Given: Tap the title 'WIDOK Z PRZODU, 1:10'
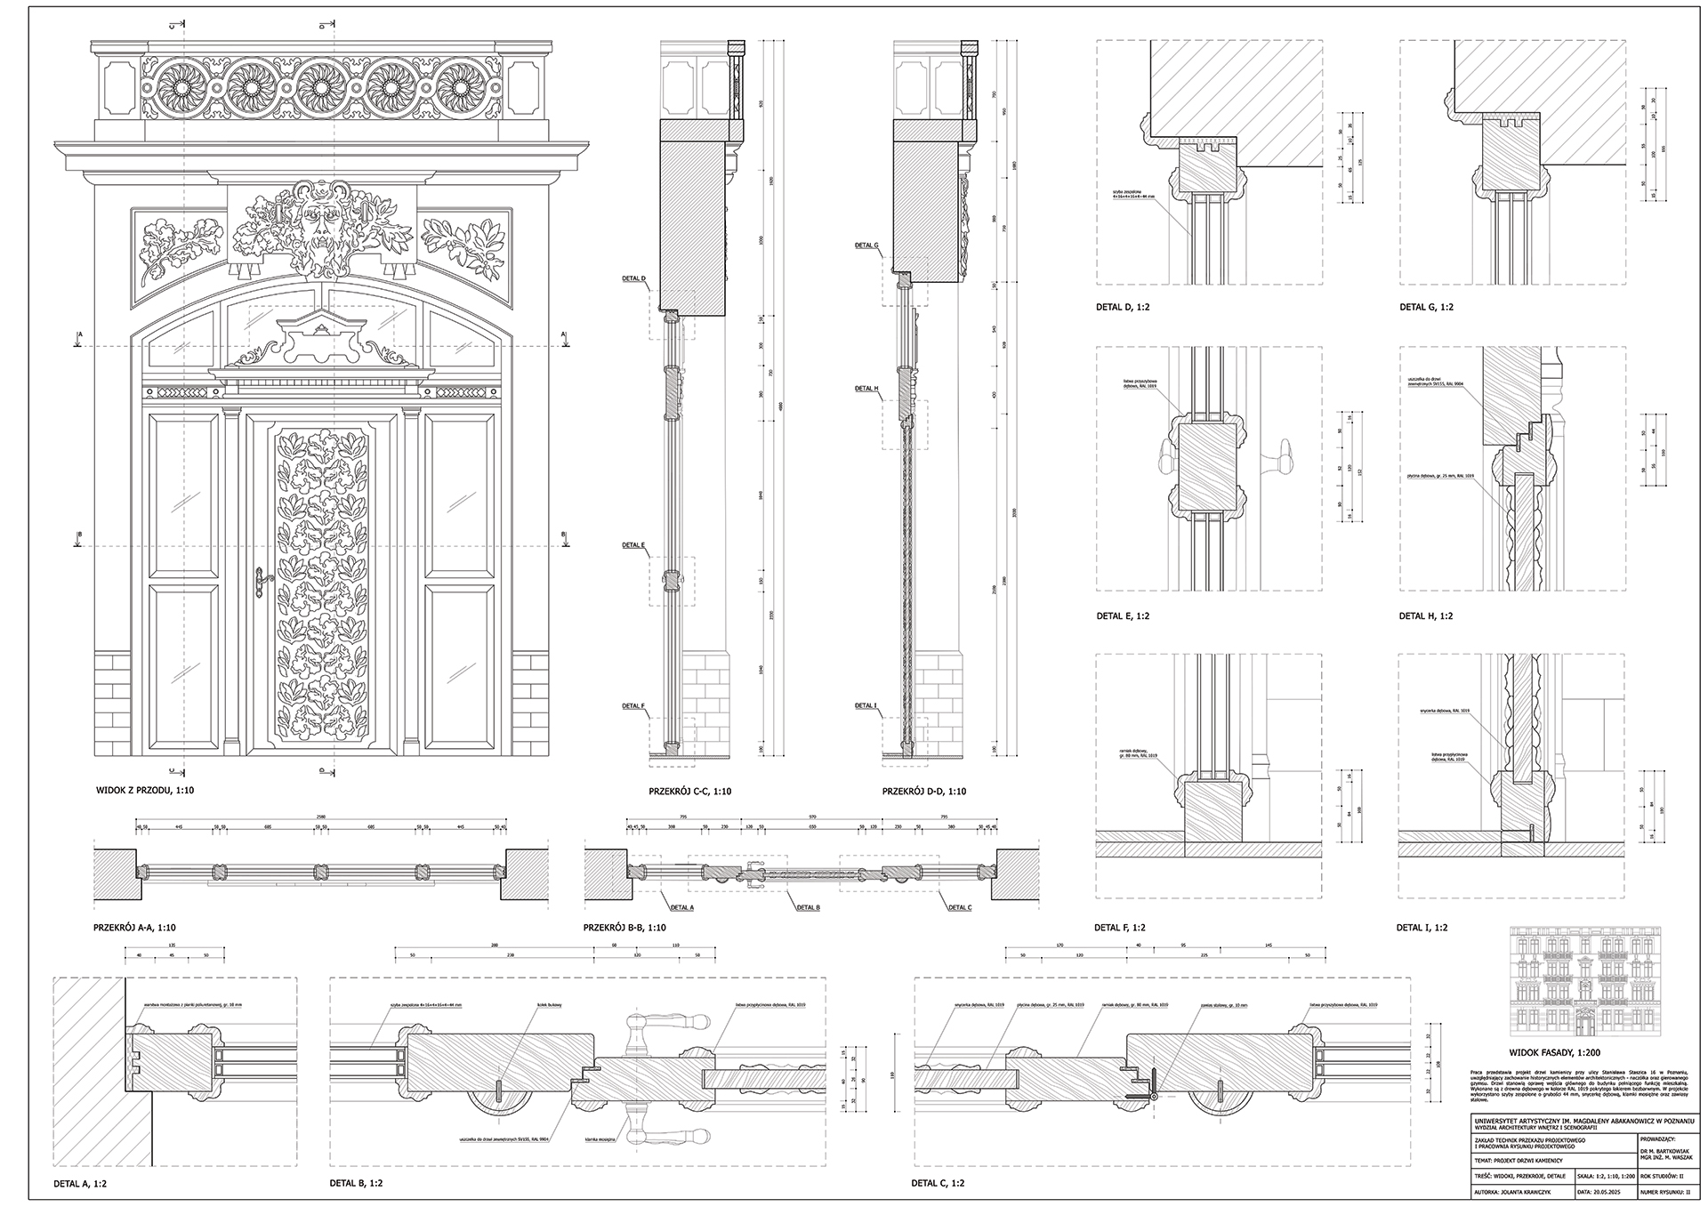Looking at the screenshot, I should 145,790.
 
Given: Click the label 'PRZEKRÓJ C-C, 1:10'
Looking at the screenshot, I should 690,791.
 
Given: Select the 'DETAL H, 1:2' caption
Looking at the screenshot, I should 1426,616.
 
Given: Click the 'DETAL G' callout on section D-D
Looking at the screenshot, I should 866,245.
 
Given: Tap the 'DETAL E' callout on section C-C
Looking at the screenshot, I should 633,544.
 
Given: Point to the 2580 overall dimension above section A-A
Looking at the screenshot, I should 321,817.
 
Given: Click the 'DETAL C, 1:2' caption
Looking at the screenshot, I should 938,1184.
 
